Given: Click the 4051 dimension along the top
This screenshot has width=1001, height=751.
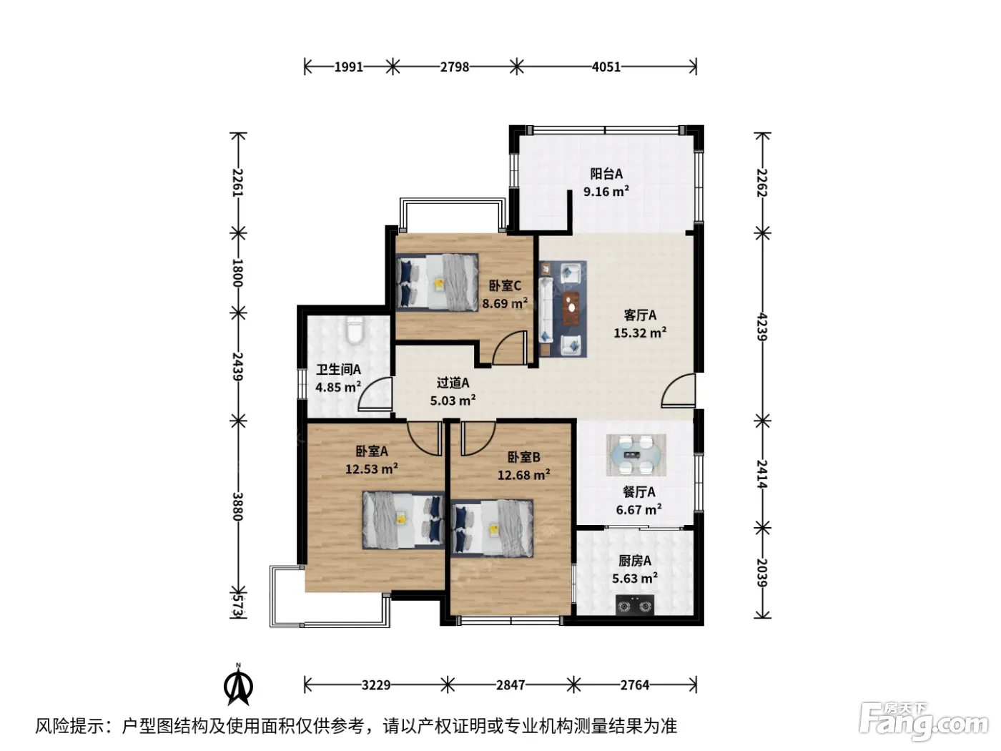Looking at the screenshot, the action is [x=606, y=67].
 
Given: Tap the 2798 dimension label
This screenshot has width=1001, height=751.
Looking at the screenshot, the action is [x=454, y=67].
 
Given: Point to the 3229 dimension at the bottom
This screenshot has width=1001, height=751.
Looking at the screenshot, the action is [x=376, y=685].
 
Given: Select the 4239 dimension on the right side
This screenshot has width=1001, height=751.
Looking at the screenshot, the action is [x=762, y=326].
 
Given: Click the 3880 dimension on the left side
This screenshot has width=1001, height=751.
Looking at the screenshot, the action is [x=238, y=506].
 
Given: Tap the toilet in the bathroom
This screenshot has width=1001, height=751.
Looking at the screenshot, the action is [x=355, y=330].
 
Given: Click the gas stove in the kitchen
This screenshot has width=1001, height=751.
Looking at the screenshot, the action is [x=634, y=605].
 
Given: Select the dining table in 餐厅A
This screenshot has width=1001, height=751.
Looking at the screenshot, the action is [x=636, y=455].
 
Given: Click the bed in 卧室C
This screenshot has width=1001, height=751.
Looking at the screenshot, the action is [x=437, y=283].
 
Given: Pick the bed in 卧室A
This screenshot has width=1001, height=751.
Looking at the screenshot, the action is [x=403, y=520].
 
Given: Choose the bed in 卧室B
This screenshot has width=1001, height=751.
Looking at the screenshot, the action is [x=492, y=528].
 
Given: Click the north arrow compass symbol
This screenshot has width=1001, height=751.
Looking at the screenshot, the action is [x=239, y=685].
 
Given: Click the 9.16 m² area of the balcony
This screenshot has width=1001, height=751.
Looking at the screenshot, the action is [x=606, y=190].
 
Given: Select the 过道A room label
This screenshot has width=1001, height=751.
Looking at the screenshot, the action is [x=453, y=383].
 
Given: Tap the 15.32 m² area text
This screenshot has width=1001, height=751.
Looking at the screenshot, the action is [x=639, y=333].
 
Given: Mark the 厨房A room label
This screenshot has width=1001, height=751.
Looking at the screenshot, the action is [x=634, y=561].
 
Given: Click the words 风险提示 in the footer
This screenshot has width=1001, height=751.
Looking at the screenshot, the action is [x=70, y=726].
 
